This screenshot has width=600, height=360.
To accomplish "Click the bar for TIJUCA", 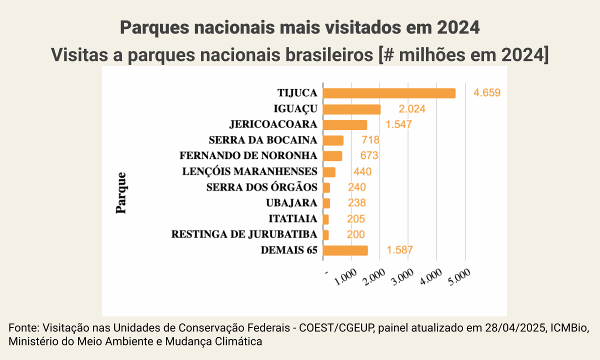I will (389, 93).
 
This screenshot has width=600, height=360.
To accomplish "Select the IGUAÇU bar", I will (351, 109).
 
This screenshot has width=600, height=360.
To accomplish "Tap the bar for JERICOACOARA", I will (345, 124).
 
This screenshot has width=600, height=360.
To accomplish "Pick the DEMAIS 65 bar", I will (345, 250).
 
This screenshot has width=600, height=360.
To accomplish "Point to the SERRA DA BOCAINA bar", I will (333, 140).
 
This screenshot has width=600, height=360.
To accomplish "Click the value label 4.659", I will (487, 93).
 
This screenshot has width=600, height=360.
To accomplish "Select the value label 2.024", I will (412, 109).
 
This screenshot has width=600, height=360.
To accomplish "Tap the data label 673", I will (369, 156).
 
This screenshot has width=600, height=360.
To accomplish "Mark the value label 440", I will (362, 171).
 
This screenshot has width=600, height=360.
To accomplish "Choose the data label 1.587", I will (399, 250).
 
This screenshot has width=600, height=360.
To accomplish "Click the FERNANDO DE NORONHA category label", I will (248, 156).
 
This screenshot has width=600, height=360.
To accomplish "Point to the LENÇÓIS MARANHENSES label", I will (249, 171).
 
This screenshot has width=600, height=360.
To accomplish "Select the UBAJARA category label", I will (291, 203).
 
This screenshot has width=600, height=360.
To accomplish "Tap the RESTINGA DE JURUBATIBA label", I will (244, 234).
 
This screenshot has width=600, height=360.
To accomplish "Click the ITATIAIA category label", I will (292, 219).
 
